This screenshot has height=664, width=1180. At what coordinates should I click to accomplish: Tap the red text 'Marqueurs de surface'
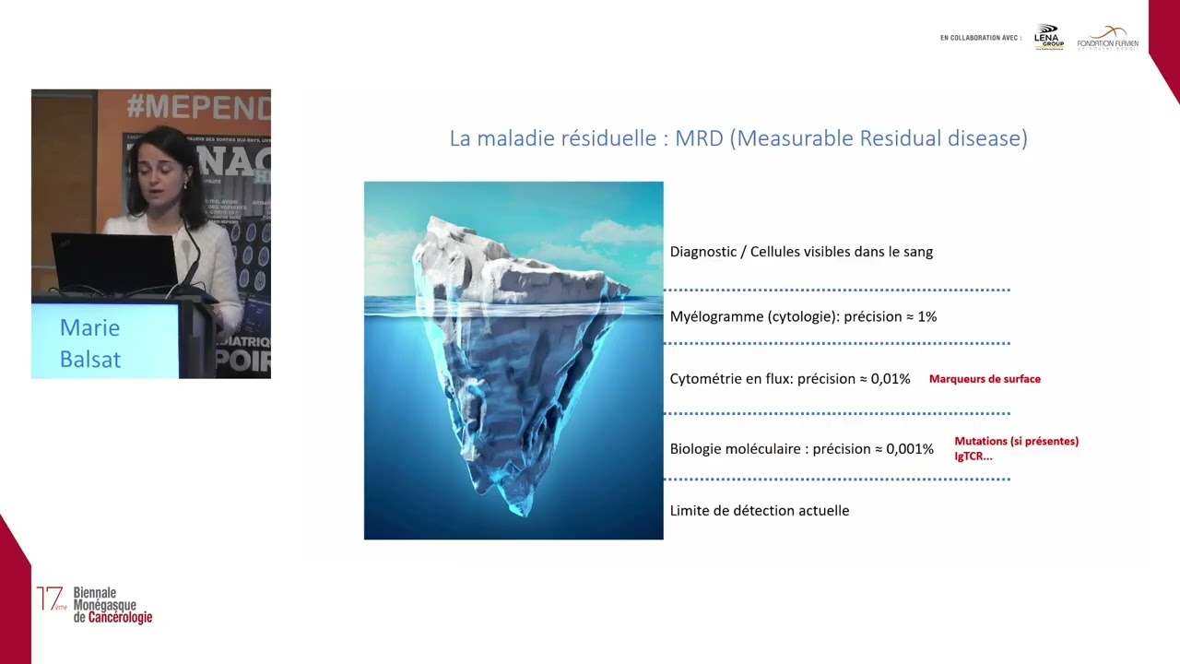(985, 379)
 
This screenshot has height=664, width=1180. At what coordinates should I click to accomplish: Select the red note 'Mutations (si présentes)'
(1016, 441)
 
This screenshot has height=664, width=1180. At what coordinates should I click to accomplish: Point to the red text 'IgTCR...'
(973, 456)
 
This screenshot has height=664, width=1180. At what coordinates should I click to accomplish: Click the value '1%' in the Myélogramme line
(926, 316)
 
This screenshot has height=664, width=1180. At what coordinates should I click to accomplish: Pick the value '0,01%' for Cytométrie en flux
(891, 379)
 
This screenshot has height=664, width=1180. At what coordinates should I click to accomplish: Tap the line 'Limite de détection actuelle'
(760, 510)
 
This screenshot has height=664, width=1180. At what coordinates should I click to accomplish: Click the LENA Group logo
(1048, 37)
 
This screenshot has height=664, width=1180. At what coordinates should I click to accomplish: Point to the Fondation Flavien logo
(1107, 38)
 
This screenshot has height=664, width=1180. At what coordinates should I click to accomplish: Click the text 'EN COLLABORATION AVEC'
(980, 38)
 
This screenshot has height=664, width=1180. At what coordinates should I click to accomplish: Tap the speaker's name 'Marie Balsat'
(90, 343)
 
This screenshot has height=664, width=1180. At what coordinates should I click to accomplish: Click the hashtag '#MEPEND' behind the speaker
(198, 107)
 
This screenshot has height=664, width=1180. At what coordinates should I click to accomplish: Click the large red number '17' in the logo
(50, 598)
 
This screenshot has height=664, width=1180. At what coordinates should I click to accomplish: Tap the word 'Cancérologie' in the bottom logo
(120, 617)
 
